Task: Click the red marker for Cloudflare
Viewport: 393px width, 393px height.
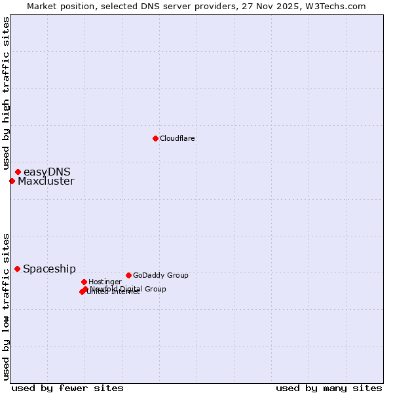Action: [155, 138]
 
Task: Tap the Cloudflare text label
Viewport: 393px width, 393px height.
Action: [178, 139]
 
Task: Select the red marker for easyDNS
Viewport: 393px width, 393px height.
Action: [18, 172]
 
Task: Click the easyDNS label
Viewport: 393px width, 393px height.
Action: [47, 172]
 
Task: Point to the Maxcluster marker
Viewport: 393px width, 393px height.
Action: [12, 181]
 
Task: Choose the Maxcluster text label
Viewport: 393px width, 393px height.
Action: [46, 181]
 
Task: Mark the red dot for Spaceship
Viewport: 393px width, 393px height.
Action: [17, 269]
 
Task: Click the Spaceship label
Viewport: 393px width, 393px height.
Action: [49, 269]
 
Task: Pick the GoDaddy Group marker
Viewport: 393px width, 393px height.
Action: [128, 275]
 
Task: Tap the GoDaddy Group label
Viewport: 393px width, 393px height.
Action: [160, 276]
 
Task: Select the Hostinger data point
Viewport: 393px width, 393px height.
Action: [84, 282]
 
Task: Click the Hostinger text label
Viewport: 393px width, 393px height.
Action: [105, 282]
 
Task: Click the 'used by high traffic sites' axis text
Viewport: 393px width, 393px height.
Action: [6, 93]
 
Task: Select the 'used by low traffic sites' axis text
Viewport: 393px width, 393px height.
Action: [6, 307]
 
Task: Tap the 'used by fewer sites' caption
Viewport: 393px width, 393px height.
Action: [67, 388]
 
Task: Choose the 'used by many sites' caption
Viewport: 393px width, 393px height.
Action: [329, 388]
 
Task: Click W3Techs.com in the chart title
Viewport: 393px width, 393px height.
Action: [334, 7]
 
